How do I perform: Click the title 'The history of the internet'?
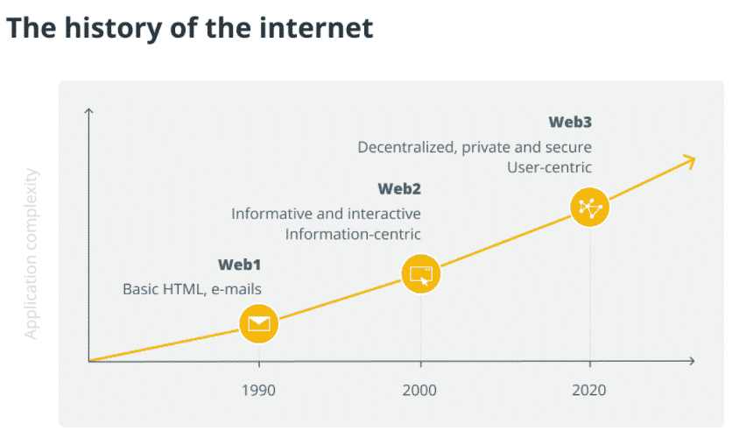[x=189, y=27]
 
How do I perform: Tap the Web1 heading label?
[x=239, y=264]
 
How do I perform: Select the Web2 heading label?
[x=398, y=188]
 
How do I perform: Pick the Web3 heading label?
[x=570, y=122]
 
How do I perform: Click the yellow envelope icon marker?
[x=258, y=324]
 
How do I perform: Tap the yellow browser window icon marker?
[x=421, y=274]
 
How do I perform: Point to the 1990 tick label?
[x=258, y=390]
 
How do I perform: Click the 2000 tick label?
[x=419, y=390]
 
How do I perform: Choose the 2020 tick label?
[x=588, y=390]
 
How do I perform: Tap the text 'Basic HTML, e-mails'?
[x=192, y=288]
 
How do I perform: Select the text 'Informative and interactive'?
[x=326, y=214]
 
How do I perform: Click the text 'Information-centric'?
[x=353, y=234]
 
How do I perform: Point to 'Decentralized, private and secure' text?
[x=475, y=147]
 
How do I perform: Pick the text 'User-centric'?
[x=549, y=167]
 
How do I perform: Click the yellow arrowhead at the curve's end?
[x=690, y=159]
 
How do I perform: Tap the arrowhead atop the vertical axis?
[x=89, y=111]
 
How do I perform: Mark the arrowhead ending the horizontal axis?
[x=691, y=361]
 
